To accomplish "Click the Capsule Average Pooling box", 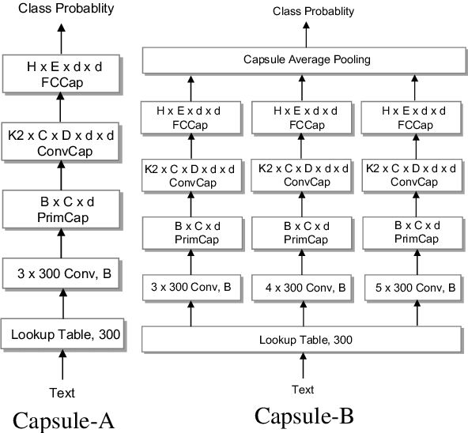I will tap(300, 59).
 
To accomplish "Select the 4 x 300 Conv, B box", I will tap(300, 288).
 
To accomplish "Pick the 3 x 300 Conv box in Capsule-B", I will tap(190, 288).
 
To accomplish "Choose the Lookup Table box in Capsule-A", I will tap(63, 334).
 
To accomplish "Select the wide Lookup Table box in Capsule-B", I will tap(300, 340).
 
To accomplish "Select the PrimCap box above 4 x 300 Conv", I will tap(300, 232).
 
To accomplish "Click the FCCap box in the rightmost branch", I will tap(409, 118).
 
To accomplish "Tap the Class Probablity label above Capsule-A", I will tap(60, 9).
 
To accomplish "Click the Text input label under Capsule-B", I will tap(303, 389).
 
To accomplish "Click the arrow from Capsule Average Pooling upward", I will tap(303, 33).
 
